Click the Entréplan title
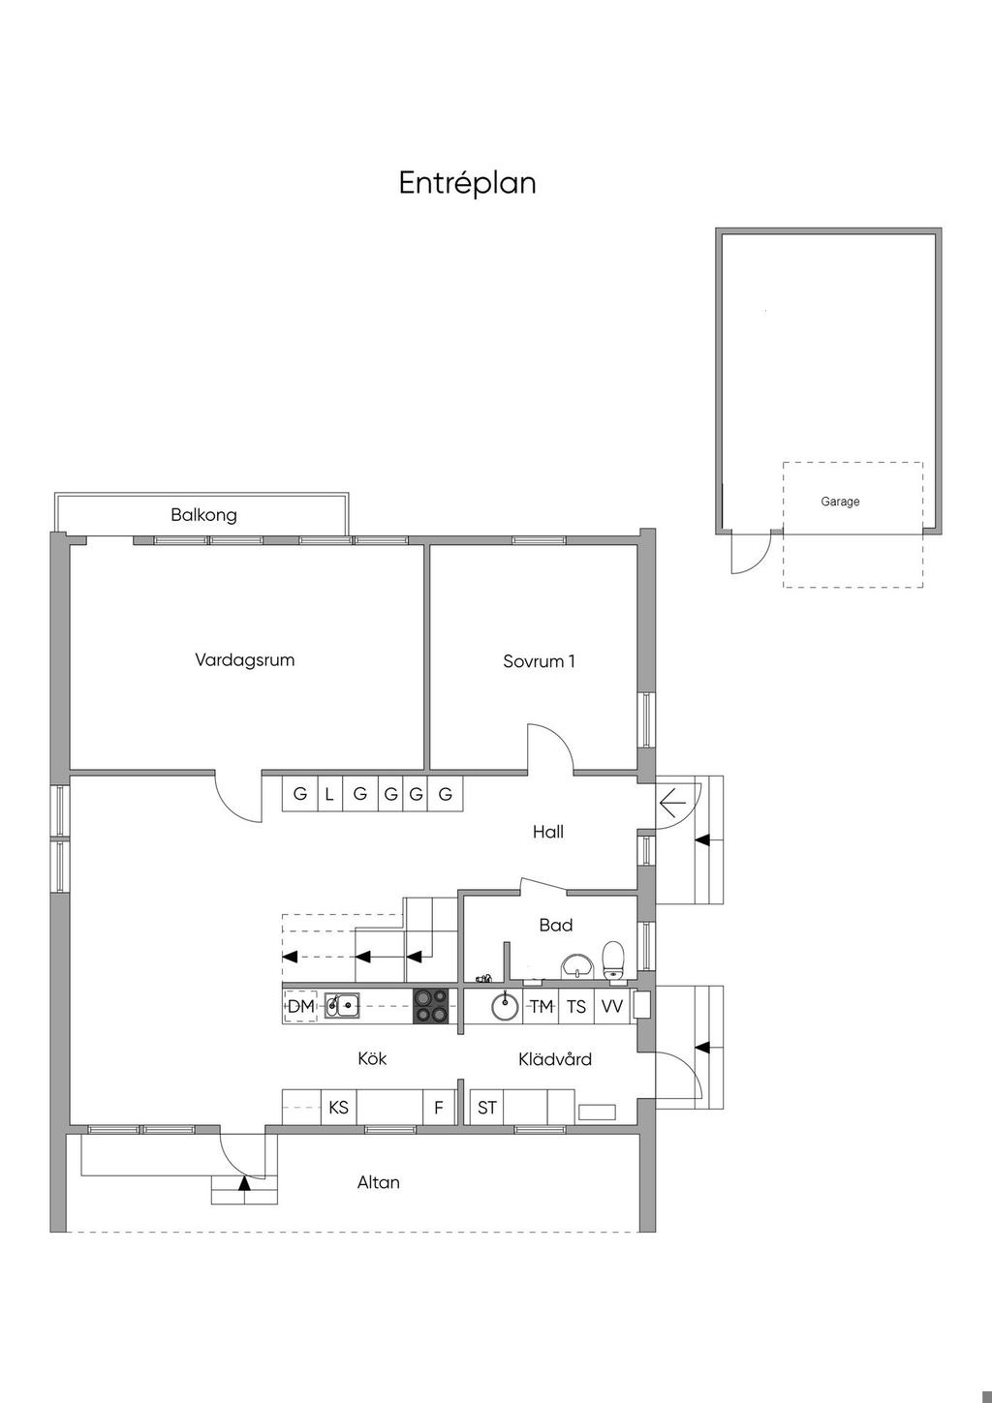pos(468,184)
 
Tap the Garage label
pos(840,502)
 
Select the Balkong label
pos(203,515)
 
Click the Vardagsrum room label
pos(244,660)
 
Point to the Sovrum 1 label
pos(539,661)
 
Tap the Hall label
pos(548,832)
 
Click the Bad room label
pos(556,925)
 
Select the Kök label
pos(372,1058)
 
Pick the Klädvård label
pos(555,1059)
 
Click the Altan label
pos(379,1182)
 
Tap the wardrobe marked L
pos(330,794)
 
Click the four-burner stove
pos(431,1006)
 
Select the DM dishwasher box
pos(300,1007)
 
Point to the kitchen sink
pos(342,1006)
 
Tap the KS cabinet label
pos(338,1108)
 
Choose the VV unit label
pos(612,1007)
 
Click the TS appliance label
pos(576,1007)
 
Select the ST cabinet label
pos(487,1108)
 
